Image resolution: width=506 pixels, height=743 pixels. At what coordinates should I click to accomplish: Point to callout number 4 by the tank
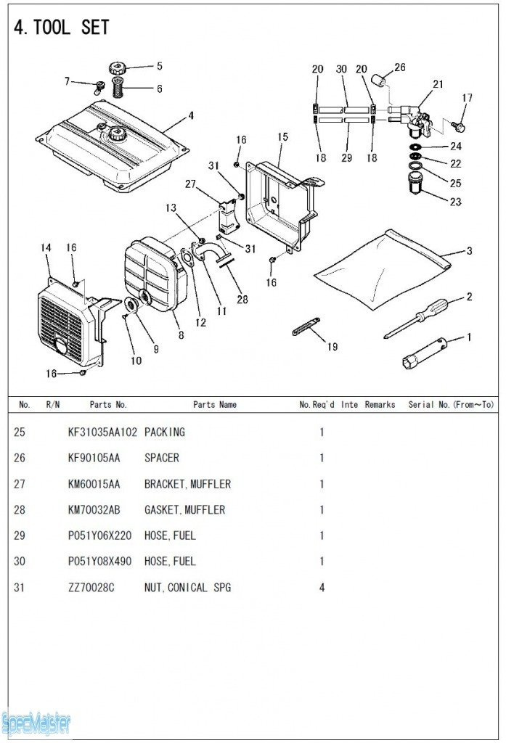(x=191, y=115)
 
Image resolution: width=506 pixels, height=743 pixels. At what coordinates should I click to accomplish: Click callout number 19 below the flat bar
(x=332, y=347)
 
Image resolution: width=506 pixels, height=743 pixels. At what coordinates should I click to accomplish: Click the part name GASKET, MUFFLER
(x=184, y=509)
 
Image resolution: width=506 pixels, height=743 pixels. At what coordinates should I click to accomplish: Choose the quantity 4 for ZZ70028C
(x=322, y=587)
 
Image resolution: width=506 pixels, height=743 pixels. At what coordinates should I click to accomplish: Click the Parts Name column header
(x=214, y=404)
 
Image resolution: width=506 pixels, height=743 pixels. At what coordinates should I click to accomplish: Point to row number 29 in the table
(x=20, y=535)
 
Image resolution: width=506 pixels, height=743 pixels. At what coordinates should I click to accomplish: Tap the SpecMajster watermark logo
(x=36, y=721)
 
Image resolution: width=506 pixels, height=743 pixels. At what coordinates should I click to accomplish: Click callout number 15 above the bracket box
(x=282, y=136)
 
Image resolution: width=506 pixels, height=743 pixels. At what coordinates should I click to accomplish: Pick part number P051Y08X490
(x=101, y=561)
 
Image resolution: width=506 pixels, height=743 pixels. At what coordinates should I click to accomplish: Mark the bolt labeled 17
(x=459, y=127)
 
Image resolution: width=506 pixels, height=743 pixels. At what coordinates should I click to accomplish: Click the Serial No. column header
(x=451, y=404)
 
